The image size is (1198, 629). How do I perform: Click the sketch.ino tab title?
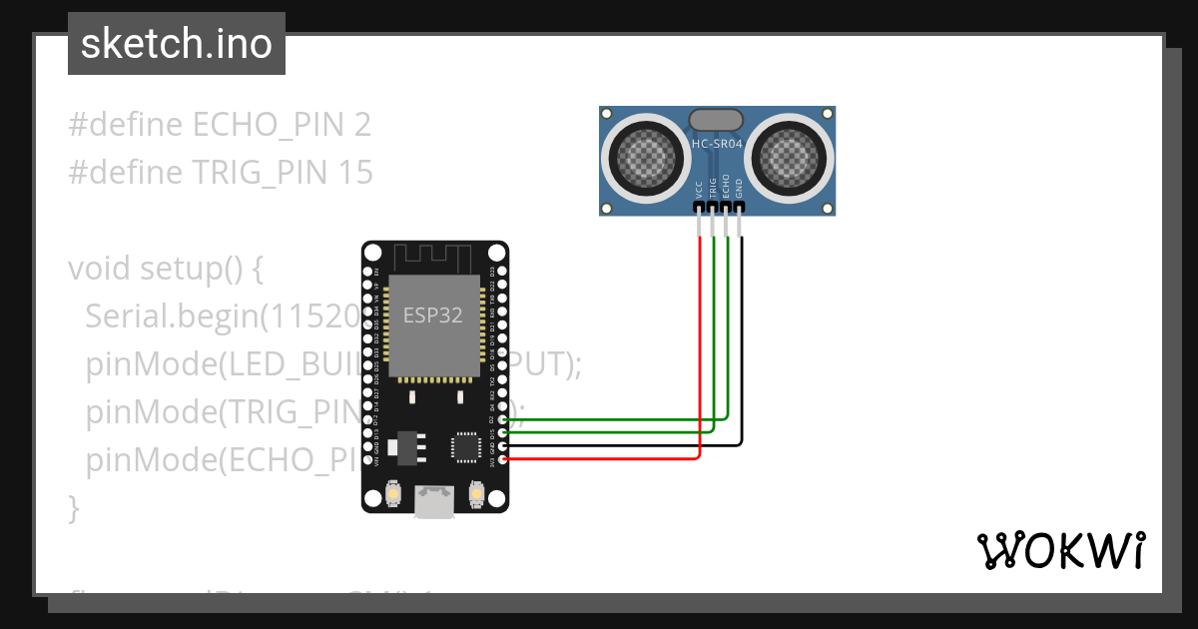[x=176, y=45]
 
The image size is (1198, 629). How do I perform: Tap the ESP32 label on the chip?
[x=432, y=315]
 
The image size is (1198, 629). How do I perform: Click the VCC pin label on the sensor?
[x=699, y=188]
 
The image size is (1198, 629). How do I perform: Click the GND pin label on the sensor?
[x=740, y=188]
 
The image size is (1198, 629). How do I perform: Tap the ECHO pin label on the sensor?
[x=726, y=188]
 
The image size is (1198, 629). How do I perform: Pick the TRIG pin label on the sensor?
[x=713, y=188]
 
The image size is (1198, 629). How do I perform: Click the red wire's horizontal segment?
[x=599, y=458]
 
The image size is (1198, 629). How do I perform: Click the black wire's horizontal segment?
[x=619, y=445]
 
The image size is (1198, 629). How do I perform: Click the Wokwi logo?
[x=1060, y=551]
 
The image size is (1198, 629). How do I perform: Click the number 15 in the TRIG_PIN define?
[x=355, y=173]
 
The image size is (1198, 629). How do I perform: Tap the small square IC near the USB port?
[x=465, y=446]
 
